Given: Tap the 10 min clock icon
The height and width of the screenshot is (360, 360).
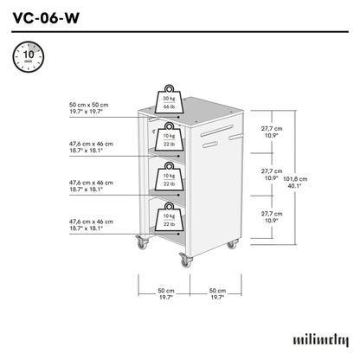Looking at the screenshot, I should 25,57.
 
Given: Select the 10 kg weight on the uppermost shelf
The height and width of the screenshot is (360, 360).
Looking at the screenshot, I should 167,137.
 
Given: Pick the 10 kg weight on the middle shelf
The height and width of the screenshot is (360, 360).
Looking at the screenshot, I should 167,176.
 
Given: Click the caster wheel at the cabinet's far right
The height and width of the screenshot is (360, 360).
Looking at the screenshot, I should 231,246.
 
